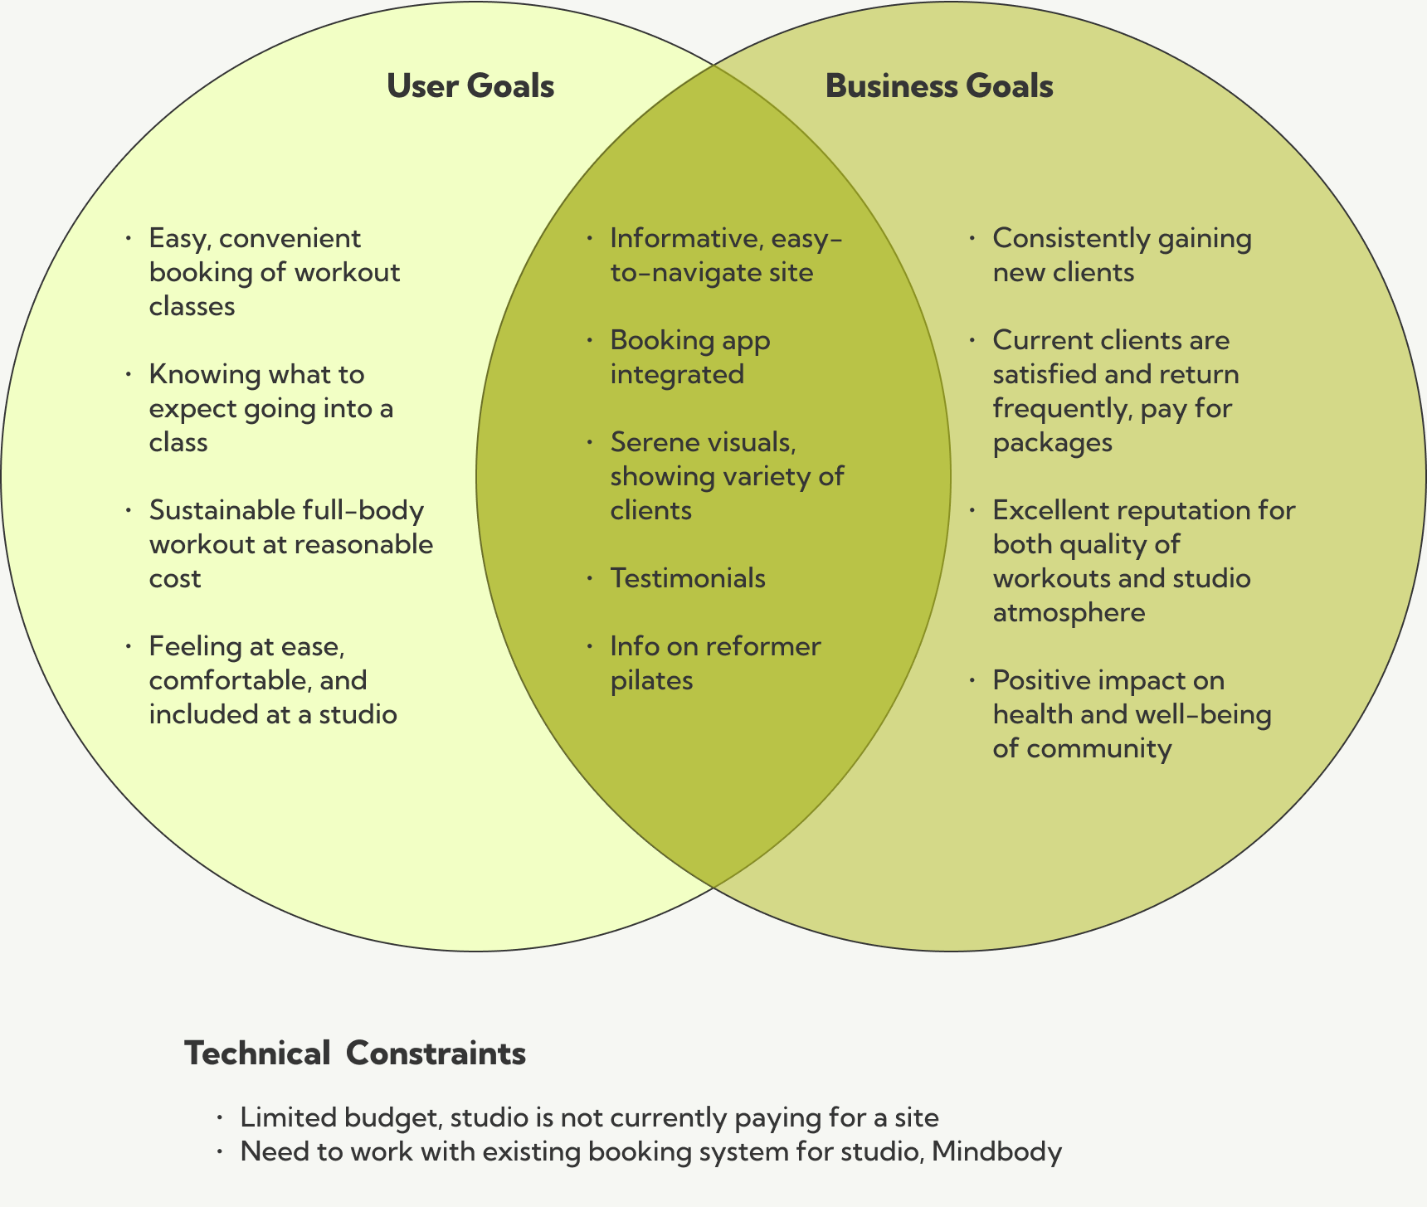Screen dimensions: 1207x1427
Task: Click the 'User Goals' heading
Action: click(470, 86)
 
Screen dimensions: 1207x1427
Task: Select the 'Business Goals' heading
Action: click(939, 86)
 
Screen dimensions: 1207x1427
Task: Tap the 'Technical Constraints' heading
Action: click(355, 1054)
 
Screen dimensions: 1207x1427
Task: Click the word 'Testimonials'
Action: click(688, 577)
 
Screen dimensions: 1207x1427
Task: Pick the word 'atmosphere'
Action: click(1069, 612)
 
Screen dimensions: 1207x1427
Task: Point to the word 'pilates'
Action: click(651, 680)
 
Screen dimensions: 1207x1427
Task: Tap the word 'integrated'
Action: click(677, 374)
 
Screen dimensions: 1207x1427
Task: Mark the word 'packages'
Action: click(1052, 442)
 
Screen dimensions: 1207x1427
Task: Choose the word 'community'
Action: click(1098, 748)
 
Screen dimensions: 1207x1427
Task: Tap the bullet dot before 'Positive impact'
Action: click(972, 680)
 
